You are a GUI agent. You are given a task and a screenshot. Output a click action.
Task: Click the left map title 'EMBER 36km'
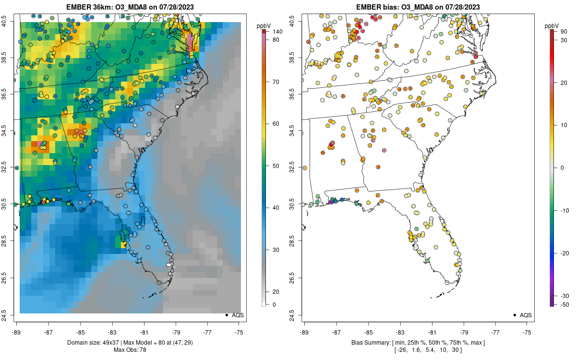(89, 7)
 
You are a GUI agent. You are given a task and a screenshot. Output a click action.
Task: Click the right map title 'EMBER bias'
(376, 7)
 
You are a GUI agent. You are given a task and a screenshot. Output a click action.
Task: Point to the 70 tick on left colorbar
(276, 82)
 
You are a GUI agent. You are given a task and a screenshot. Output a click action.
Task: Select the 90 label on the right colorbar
(564, 32)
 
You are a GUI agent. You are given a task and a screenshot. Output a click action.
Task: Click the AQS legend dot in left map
(226, 315)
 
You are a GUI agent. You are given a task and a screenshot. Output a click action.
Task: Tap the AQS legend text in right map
(525, 315)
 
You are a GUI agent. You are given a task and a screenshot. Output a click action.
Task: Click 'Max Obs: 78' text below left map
(130, 349)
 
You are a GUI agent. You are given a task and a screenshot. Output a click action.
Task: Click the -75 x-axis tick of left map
(239, 332)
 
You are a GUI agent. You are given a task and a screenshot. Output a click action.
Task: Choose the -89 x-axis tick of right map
(304, 332)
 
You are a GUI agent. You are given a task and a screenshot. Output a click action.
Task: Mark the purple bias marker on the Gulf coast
(332, 202)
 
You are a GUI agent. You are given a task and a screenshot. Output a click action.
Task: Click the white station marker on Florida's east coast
(168, 264)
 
